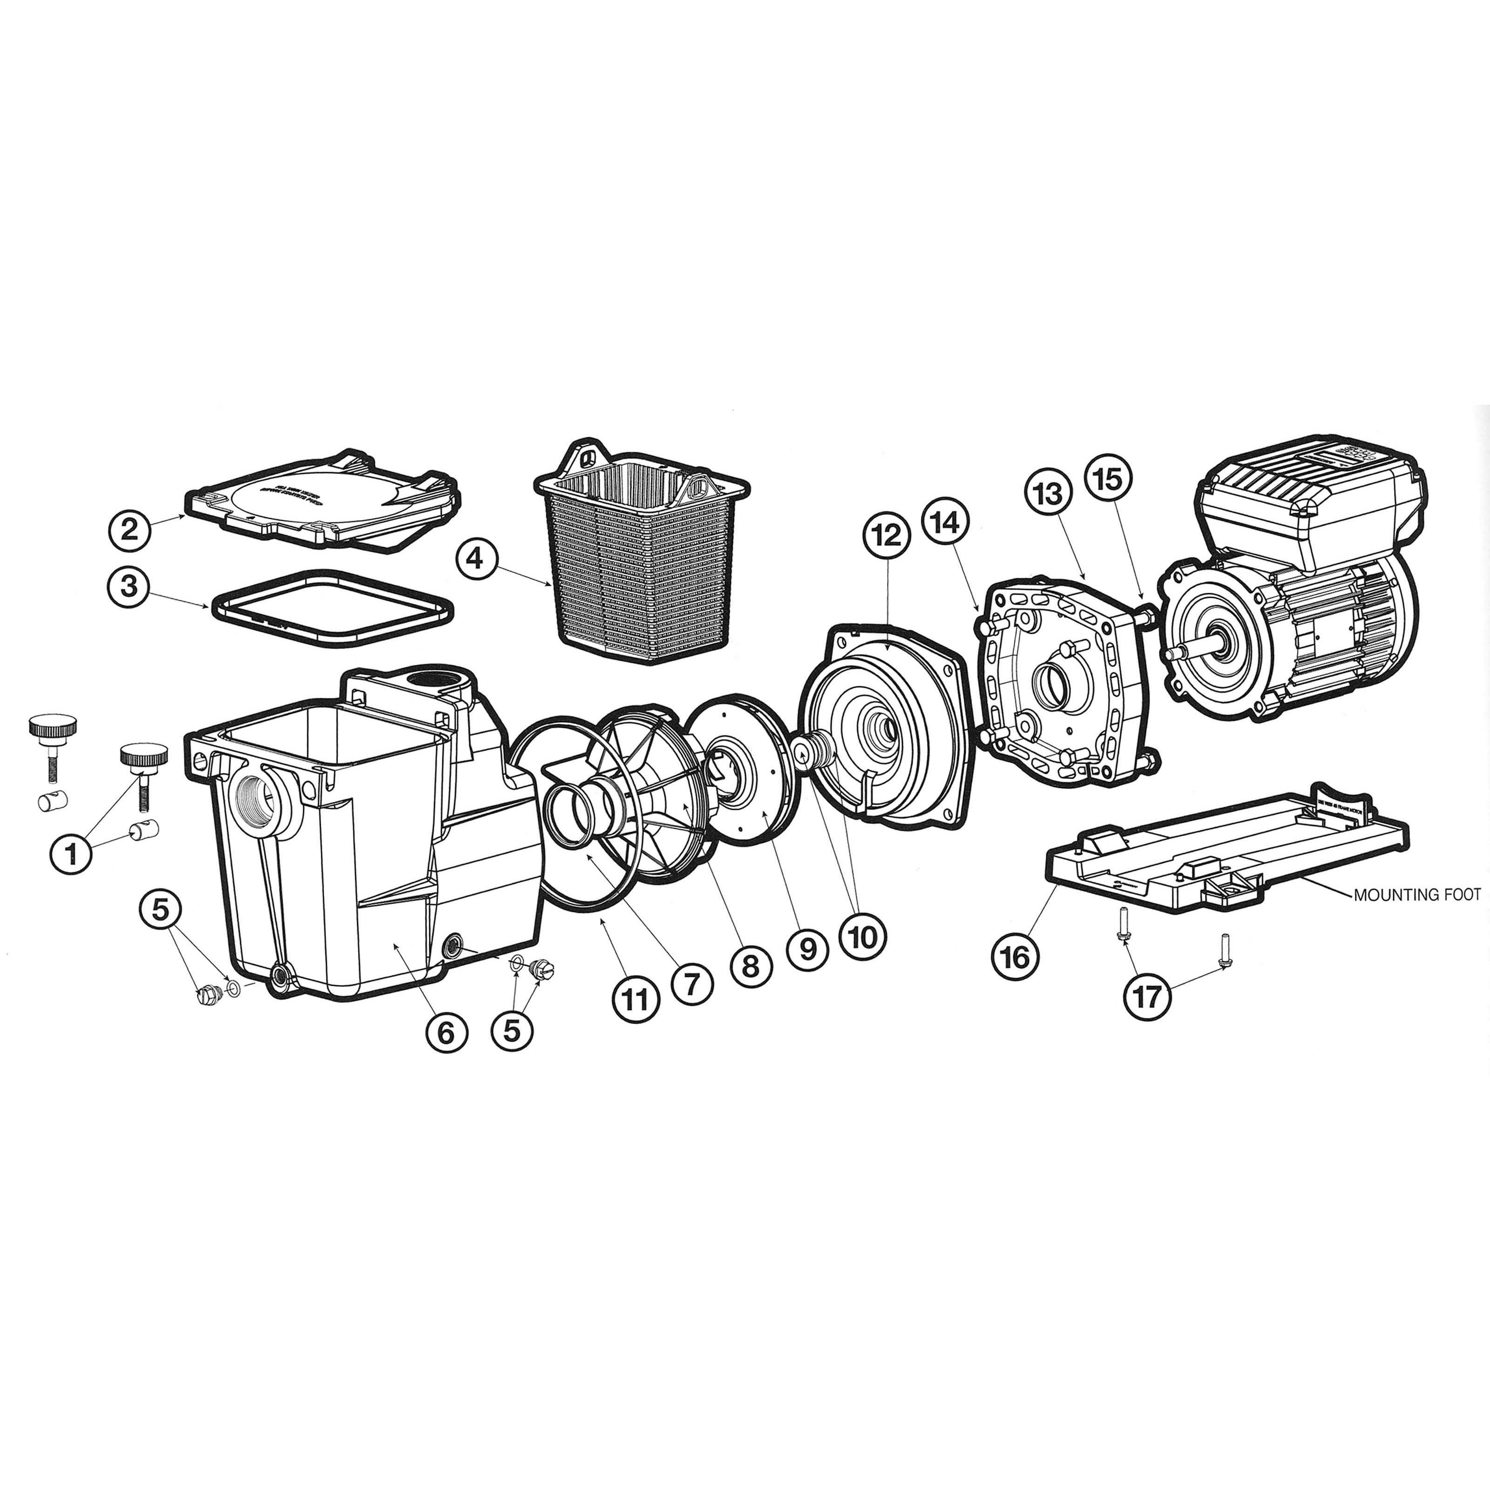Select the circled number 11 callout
(636, 1000)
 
